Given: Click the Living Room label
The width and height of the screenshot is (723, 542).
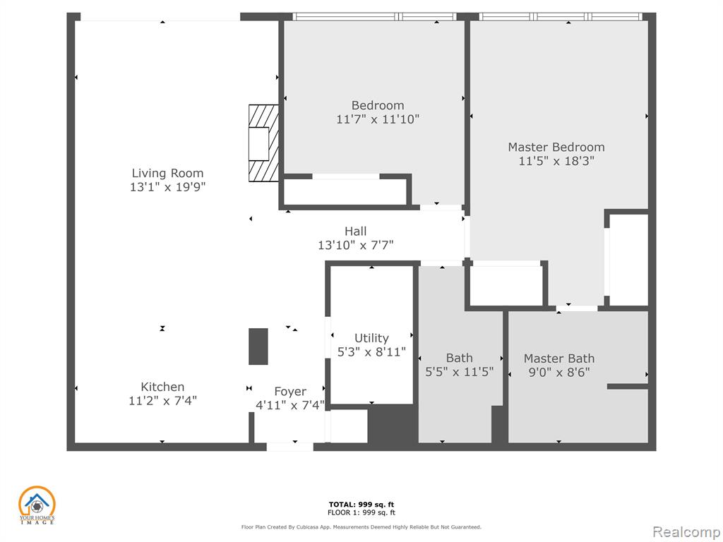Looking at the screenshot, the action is [167, 174].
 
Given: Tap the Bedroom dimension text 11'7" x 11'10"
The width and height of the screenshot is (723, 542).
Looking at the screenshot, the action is [378, 119].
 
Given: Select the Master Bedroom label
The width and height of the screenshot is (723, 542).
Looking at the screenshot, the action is [556, 147].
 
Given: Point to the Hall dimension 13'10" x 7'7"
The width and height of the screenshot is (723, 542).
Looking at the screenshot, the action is [356, 245].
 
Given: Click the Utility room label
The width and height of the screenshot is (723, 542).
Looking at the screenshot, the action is [371, 338].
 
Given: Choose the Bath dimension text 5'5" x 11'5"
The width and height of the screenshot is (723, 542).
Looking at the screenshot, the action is [459, 372].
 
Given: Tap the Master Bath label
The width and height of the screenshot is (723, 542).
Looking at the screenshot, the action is [559, 359].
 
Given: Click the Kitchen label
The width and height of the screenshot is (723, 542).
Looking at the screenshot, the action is [162, 387].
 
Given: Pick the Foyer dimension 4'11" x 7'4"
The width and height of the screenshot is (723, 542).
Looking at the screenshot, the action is [290, 406].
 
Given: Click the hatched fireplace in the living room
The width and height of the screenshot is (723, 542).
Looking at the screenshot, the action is [264, 143].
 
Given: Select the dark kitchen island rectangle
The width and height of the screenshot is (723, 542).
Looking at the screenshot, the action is [258, 347].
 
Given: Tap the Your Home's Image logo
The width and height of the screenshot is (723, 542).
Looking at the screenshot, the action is [37, 505].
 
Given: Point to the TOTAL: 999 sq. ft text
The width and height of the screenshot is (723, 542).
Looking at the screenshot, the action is [361, 505].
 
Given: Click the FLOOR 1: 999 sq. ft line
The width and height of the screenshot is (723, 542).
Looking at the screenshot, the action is [361, 512].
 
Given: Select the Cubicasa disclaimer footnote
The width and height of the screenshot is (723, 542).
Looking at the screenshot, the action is [361, 526].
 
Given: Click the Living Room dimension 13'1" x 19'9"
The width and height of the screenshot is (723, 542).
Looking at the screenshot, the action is [167, 187].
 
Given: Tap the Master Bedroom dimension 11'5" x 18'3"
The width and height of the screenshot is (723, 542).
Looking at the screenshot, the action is [556, 161].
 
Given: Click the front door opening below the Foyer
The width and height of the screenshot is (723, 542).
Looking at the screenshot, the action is [289, 446].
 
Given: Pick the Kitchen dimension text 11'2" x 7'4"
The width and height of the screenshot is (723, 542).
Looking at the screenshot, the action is [162, 401].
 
